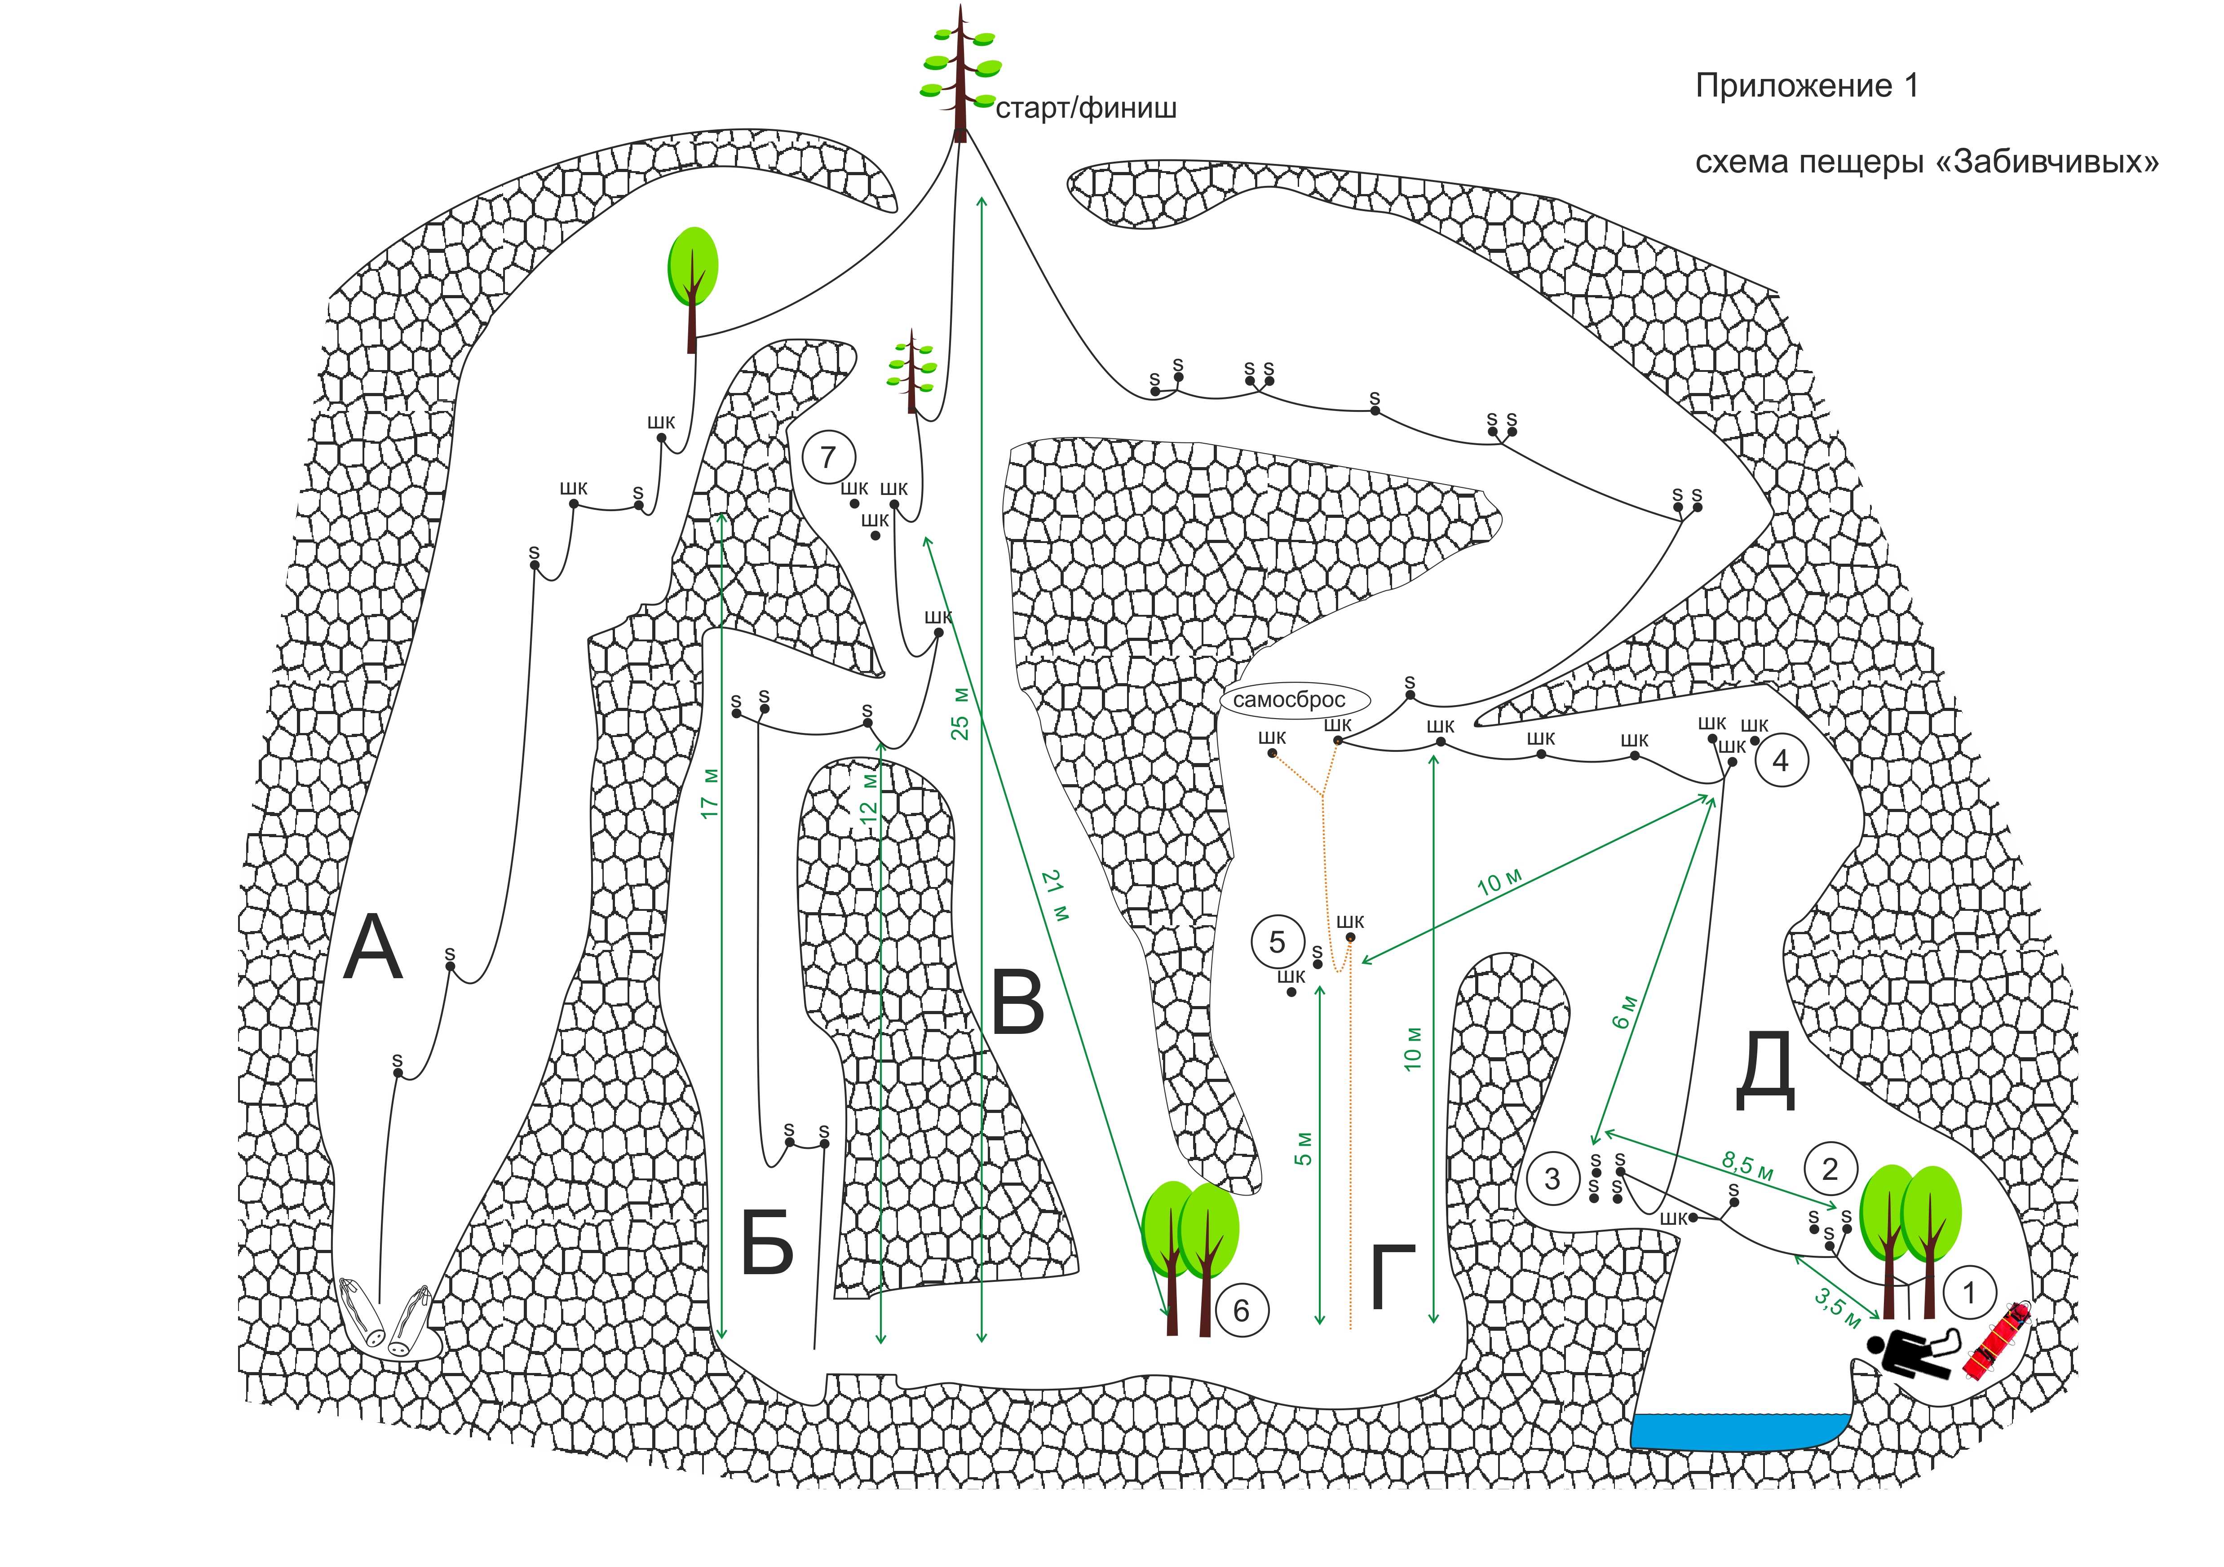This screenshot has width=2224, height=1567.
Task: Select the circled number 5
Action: (x=1277, y=942)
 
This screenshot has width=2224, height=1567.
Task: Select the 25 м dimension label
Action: (x=960, y=714)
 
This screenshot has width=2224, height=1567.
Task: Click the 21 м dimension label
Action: (x=1056, y=896)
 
